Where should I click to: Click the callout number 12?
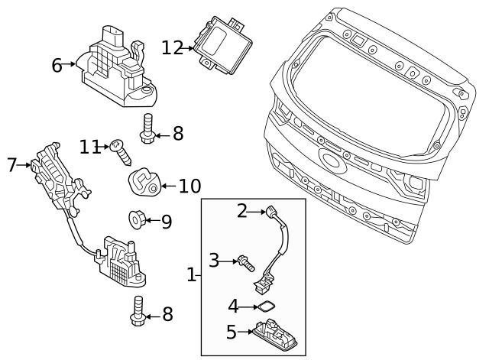coord(172,47)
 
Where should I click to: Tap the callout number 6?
coord(57,65)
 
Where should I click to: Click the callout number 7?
coord(11,164)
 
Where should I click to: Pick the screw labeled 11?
coord(123,152)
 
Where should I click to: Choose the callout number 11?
coord(90,145)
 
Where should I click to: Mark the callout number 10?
coord(189,186)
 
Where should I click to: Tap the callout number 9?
coord(166,222)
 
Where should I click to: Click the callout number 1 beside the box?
coord(192,274)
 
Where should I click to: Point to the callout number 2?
coord(242,210)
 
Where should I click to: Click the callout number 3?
coord(215,261)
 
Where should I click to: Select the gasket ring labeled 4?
coord(264,306)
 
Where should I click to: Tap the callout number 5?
coord(232,332)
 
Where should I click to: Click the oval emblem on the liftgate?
coord(332,161)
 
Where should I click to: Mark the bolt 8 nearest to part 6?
coord(147,130)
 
